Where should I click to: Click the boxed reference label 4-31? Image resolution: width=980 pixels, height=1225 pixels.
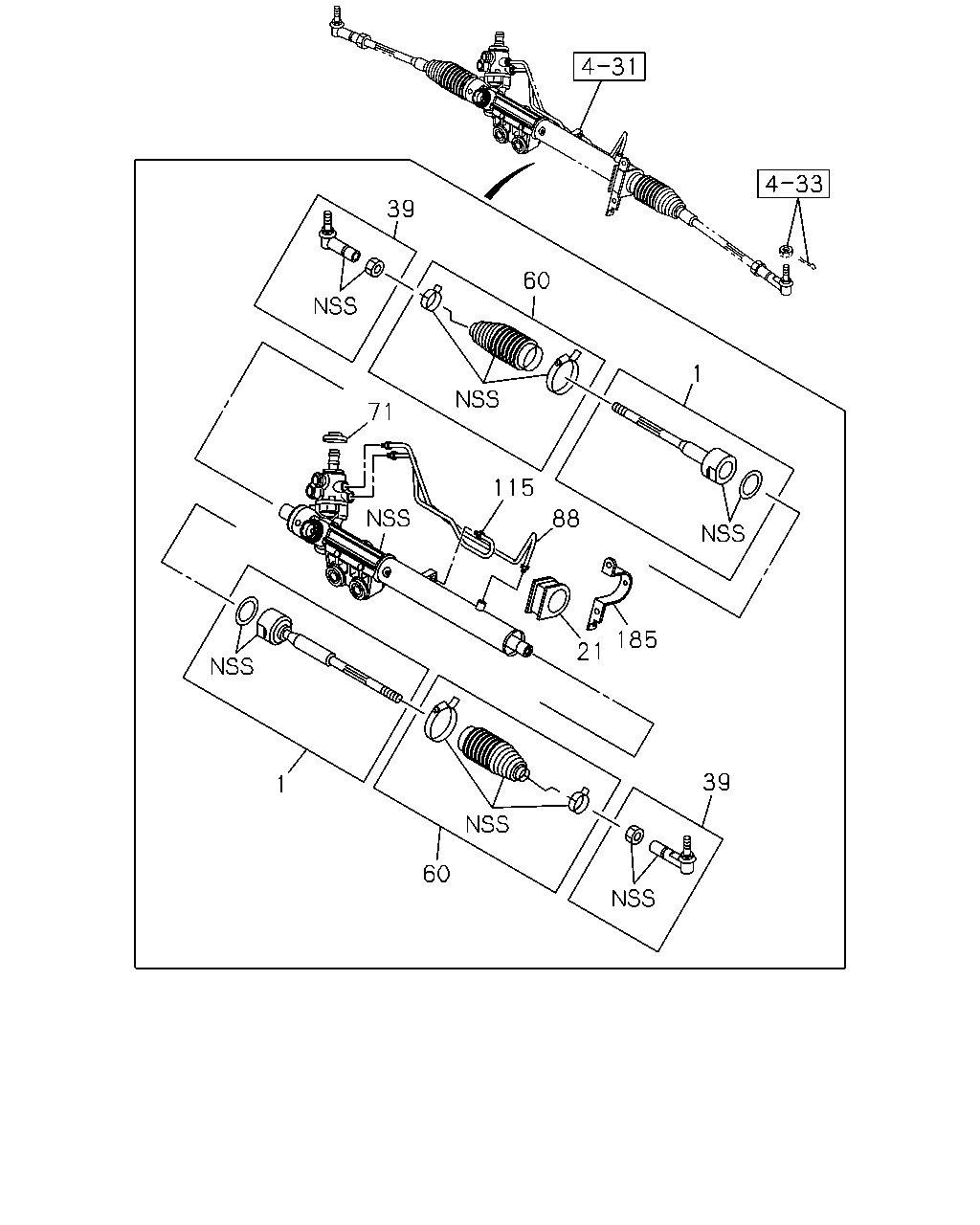pyautogui.click(x=609, y=67)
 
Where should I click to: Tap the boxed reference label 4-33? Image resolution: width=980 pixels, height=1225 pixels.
pyautogui.click(x=792, y=184)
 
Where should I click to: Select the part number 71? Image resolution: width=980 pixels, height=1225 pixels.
pyautogui.click(x=380, y=411)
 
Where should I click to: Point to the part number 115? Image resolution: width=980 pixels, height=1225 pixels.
pyautogui.click(x=513, y=487)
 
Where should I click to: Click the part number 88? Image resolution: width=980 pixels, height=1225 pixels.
pyautogui.click(x=566, y=519)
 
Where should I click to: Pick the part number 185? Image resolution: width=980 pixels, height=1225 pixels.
pyautogui.click(x=637, y=640)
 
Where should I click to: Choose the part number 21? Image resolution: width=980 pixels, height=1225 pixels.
pyautogui.click(x=589, y=652)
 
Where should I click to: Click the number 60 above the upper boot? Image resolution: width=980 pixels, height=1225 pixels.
pyautogui.click(x=536, y=280)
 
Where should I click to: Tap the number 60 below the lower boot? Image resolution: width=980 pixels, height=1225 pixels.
pyautogui.click(x=436, y=873)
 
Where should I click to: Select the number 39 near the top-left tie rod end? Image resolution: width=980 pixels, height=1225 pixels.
pyautogui.click(x=400, y=209)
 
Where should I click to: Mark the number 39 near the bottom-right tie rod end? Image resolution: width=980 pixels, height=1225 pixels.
pyautogui.click(x=717, y=782)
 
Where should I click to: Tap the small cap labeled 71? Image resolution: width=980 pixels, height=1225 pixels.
pyautogui.click(x=334, y=436)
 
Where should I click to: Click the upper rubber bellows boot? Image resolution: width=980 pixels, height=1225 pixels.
pyautogui.click(x=505, y=346)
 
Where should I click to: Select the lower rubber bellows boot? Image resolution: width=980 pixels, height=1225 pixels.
pyautogui.click(x=493, y=752)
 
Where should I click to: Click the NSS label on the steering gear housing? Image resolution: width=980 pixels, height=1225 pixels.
pyautogui.click(x=388, y=519)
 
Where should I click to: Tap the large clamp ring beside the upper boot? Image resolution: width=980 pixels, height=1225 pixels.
pyautogui.click(x=563, y=372)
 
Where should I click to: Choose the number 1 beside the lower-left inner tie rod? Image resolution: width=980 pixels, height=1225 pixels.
pyautogui.click(x=281, y=785)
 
